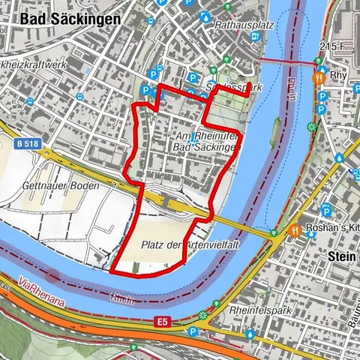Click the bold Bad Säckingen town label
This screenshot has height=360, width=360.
pyautogui.click(x=72, y=19)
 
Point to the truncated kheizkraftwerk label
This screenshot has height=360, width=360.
pyautogui.click(x=34, y=65)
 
